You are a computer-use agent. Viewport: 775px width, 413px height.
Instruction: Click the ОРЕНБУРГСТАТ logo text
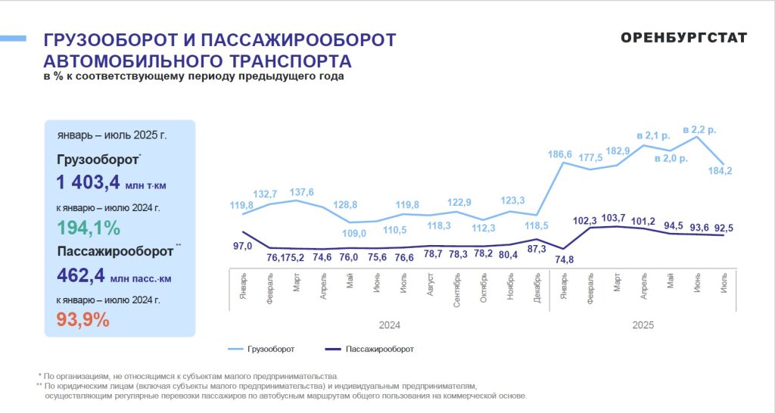(683, 39)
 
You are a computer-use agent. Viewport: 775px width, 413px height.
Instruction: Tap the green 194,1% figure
(89, 228)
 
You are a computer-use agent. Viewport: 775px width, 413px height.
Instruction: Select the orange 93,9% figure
(83, 319)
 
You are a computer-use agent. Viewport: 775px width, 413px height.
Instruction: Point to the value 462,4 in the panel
(79, 276)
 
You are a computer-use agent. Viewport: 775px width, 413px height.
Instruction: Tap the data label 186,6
(559, 154)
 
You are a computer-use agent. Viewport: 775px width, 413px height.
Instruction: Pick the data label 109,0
(355, 234)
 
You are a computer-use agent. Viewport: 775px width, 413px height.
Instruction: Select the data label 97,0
(243, 247)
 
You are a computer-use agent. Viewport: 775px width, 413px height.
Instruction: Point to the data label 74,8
(563, 261)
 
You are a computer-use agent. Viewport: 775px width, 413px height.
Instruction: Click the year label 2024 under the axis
(390, 325)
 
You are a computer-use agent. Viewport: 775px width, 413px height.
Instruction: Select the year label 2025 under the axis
(643, 325)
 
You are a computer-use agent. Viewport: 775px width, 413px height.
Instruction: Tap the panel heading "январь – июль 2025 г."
(112, 136)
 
